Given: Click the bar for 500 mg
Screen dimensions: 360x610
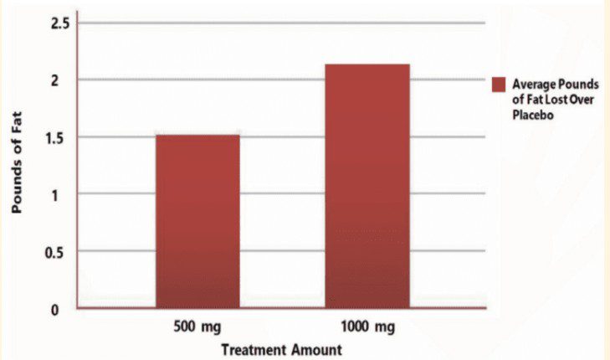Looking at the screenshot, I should click(198, 221).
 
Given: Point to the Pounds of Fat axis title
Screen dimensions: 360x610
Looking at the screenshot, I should click(17, 166).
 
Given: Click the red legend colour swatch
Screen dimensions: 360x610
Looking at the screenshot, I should click(499, 84).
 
